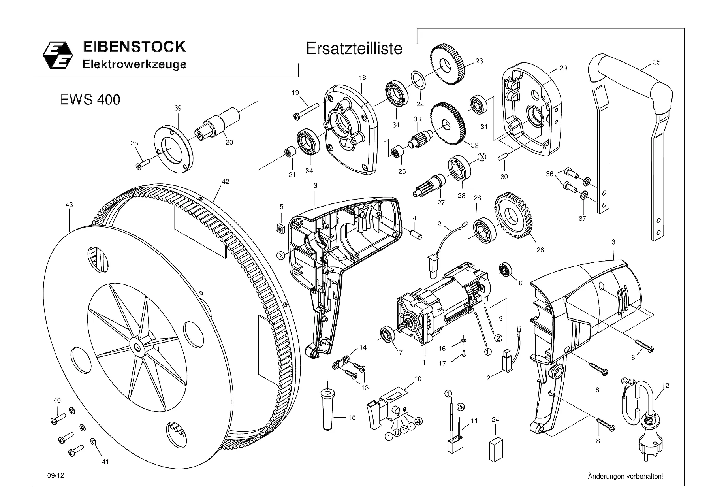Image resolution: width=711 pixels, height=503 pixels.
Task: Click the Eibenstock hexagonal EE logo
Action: pyautogui.click(x=58, y=55)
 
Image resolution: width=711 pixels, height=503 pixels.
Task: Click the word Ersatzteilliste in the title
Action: pyautogui.click(x=354, y=49)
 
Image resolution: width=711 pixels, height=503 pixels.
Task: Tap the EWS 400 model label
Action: pyautogui.click(x=90, y=100)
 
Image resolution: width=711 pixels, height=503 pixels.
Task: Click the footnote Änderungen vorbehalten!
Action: pyautogui.click(x=626, y=476)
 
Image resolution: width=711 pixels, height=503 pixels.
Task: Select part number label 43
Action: pyautogui.click(x=69, y=205)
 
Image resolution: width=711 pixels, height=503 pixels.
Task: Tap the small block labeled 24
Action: pyautogui.click(x=495, y=449)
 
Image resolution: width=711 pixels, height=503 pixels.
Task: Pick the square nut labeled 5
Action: pyautogui.click(x=282, y=227)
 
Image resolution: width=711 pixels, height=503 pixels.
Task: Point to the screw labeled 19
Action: pyautogui.click(x=306, y=110)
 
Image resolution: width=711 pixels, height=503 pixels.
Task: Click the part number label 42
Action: pyautogui.click(x=225, y=182)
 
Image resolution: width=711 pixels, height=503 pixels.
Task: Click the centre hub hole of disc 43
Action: pyautogui.click(x=137, y=347)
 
